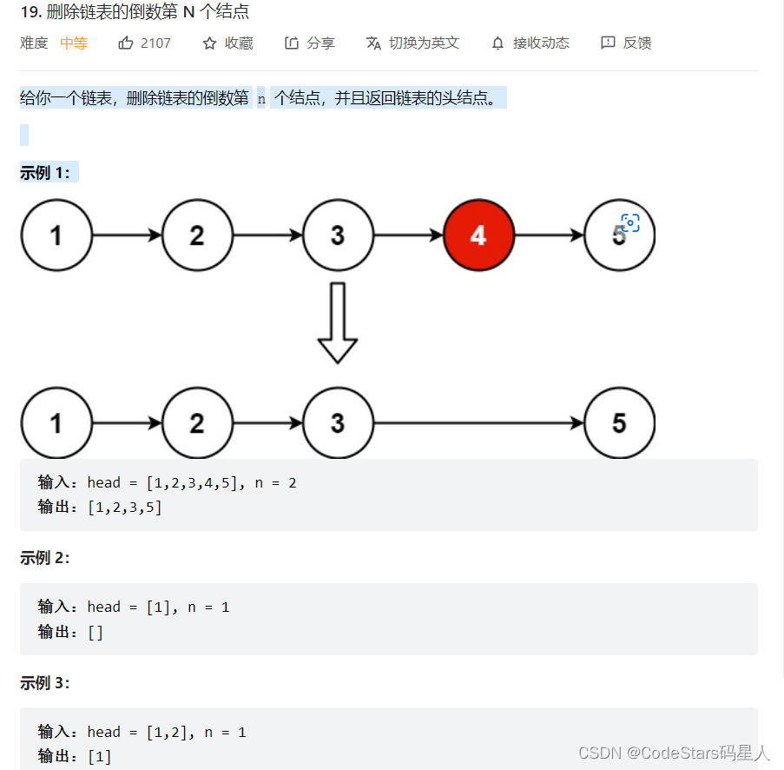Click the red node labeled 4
tap(478, 235)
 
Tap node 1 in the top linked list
tap(56, 235)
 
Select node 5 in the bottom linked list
tap(619, 423)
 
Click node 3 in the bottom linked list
tap(338, 423)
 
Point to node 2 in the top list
tap(197, 235)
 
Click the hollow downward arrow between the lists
tap(338, 322)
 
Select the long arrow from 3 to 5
tap(478, 423)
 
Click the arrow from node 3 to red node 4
tap(408, 235)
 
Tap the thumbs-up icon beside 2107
tap(126, 43)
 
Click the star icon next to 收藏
tap(209, 43)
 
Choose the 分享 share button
tap(310, 43)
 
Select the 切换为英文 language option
tap(412, 43)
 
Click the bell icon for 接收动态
tap(497, 43)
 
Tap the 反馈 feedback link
tap(626, 43)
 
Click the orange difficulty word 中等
tap(74, 43)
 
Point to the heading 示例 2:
tap(44, 558)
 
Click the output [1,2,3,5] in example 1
tap(125, 508)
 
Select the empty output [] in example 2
tap(96, 632)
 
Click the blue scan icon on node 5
tap(630, 223)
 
